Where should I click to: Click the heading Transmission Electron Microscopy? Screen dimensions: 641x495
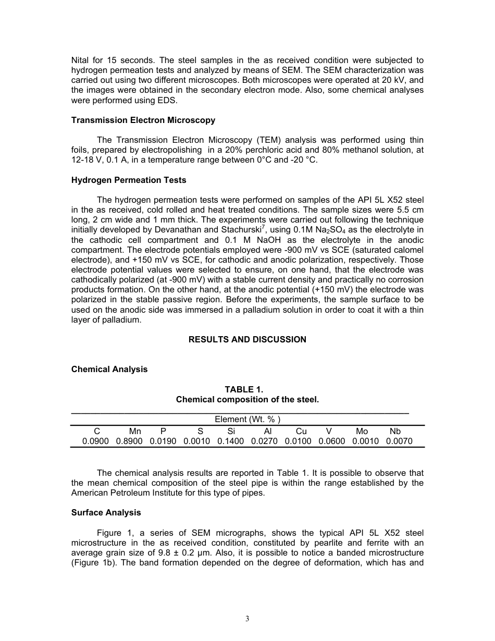coord(143,120)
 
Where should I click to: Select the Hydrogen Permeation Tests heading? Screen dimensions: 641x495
coord(128,180)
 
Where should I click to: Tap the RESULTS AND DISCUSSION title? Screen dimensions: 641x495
coord(247,340)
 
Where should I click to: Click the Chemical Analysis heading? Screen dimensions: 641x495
coord(109,369)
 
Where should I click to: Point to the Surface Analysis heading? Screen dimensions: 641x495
coord(106,513)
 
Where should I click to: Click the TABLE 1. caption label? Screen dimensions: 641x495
coord(247,389)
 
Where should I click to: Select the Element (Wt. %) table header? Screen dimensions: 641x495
coord(247,419)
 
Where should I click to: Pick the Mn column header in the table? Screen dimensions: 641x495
coord(135,432)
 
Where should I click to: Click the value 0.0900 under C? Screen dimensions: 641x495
coord(95,441)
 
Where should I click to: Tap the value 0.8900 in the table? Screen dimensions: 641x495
coord(129,441)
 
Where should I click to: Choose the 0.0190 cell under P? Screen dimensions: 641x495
coord(163,441)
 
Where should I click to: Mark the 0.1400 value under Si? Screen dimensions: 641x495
coord(230,441)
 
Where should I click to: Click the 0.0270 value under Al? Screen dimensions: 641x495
coord(264,441)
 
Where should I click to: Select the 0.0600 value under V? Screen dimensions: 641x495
coord(331,441)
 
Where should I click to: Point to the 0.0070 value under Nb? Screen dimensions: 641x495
coord(399,441)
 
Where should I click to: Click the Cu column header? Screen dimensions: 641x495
coord(301,432)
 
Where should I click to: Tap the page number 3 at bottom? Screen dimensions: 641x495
coord(247,619)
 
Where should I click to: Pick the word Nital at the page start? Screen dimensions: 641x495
coord(81,60)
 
